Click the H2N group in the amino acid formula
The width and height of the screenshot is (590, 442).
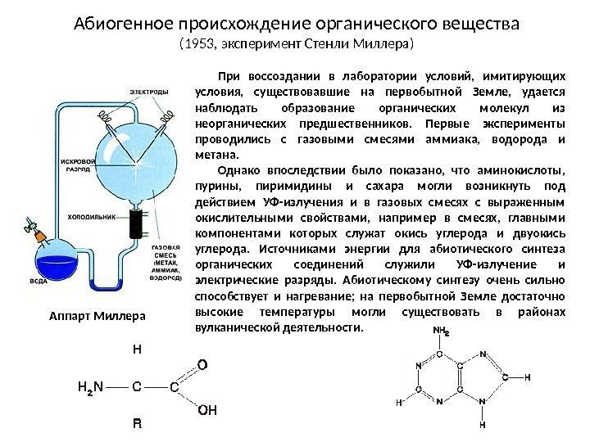coord(89,386)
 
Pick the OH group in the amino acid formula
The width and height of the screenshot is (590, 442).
coord(208,409)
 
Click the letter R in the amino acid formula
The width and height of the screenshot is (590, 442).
coord(137,425)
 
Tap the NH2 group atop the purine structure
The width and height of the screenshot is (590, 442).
coord(441,331)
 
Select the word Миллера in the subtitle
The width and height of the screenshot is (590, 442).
coord(388,42)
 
